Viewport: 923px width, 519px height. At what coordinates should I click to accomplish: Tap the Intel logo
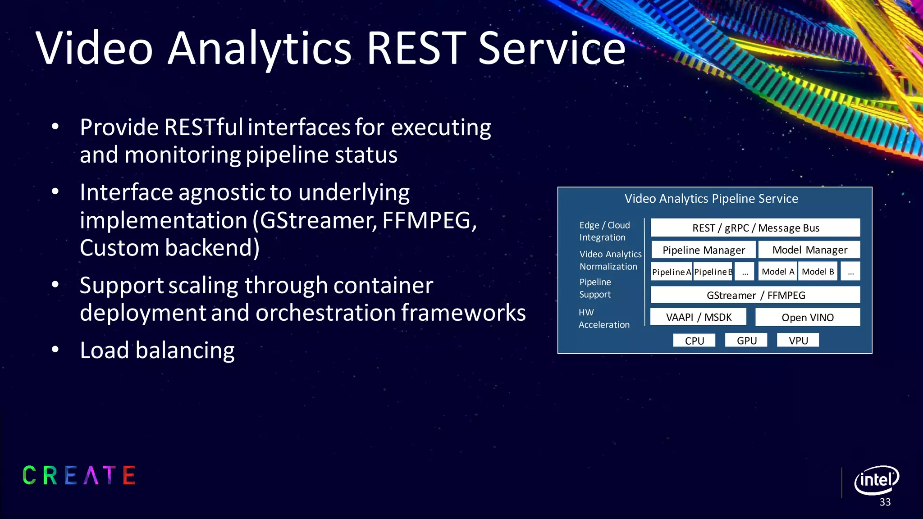point(876,480)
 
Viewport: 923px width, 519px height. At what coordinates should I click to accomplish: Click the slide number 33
point(885,502)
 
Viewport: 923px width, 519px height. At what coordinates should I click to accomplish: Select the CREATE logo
point(79,476)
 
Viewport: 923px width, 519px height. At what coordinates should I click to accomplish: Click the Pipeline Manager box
point(703,250)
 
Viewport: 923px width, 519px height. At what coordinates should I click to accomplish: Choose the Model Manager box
point(809,250)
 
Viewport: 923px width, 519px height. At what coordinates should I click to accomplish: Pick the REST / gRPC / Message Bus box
point(755,228)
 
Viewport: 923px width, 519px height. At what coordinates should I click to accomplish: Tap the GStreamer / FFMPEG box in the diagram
point(755,295)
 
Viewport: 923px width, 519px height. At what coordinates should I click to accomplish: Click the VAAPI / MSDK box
point(698,317)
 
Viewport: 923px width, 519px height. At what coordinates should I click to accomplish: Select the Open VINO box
point(807,317)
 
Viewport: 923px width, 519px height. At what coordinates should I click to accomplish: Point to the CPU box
point(694,341)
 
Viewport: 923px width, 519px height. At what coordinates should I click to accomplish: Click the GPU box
point(746,341)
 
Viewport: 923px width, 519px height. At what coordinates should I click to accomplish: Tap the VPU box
point(798,341)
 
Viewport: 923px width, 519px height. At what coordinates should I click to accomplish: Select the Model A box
point(777,272)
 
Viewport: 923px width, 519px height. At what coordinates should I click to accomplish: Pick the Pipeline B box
point(713,272)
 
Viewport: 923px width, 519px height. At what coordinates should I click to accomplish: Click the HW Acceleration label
point(603,319)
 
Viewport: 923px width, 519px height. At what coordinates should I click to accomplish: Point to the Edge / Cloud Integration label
point(604,231)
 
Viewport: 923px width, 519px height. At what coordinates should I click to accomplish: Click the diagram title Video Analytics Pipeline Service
point(711,199)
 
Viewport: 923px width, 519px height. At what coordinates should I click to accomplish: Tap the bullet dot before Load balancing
point(55,350)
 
